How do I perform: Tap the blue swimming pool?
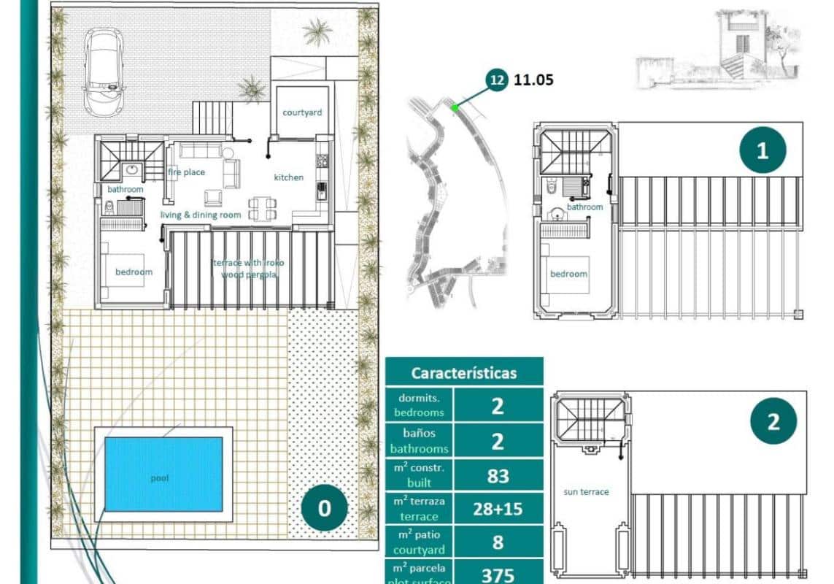point(163,474)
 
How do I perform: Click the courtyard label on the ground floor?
point(302,112)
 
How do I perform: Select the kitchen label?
point(289,177)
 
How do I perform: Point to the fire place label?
point(187,172)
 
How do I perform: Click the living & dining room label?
point(201,215)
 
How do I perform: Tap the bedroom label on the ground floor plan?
point(134,272)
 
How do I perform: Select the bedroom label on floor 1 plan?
point(568,274)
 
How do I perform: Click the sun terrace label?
point(586,492)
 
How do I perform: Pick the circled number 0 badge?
point(324,507)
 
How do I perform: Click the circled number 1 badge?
point(762,151)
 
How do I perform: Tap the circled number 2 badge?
point(773,421)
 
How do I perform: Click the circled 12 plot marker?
point(497,80)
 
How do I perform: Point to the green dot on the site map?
point(455,108)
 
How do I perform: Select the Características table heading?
point(464,372)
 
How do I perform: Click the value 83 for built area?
point(498,476)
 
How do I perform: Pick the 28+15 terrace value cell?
point(498,510)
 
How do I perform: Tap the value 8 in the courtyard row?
point(498,543)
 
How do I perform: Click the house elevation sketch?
point(719,47)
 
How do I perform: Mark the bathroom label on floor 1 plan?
point(585,207)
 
